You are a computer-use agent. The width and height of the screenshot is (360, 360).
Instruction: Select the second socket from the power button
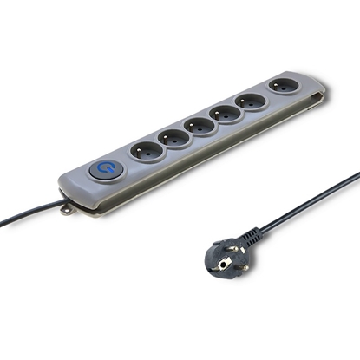174,138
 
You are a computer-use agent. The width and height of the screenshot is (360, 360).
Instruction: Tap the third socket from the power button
200,126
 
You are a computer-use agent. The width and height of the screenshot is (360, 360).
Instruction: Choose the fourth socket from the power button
227,113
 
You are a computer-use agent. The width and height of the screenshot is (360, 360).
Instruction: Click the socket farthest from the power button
283,87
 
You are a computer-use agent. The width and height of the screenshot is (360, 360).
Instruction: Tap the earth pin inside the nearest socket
147,147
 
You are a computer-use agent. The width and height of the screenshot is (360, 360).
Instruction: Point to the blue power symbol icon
105,169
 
